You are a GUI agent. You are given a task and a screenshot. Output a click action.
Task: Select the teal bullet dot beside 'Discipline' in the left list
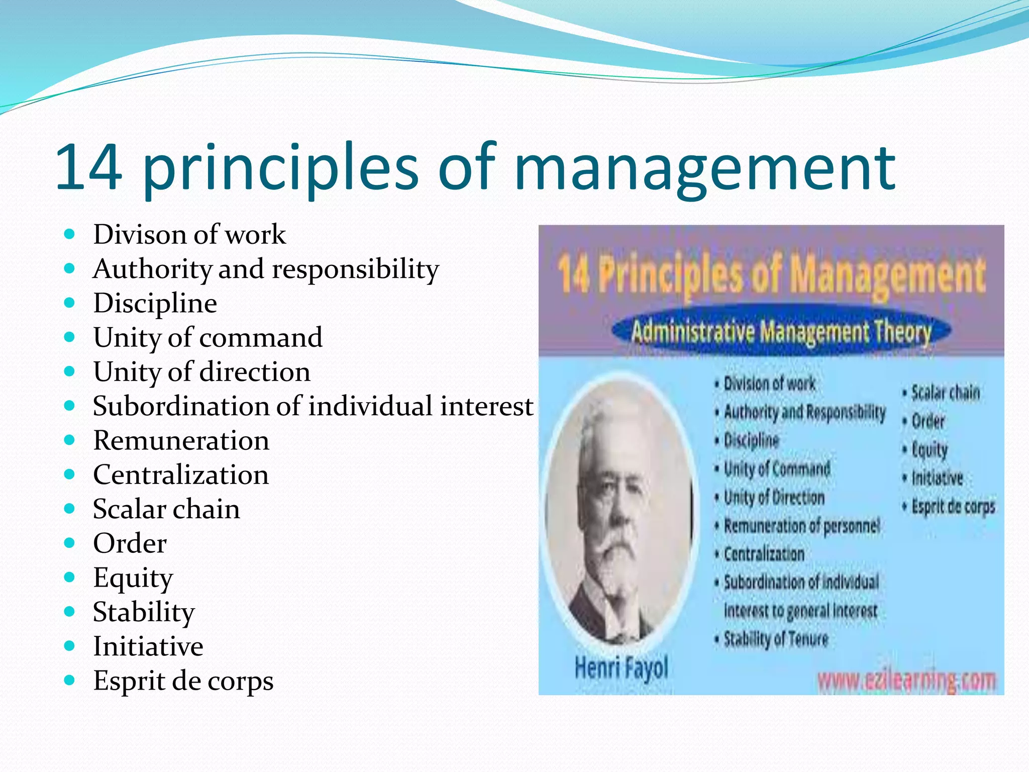(70, 303)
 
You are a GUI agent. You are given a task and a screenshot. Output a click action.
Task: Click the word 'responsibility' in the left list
(355, 269)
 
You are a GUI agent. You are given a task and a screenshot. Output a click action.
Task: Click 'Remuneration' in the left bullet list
(181, 441)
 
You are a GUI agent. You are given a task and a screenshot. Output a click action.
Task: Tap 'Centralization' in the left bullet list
(181, 475)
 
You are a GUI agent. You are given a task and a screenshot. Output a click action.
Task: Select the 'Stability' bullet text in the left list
(144, 612)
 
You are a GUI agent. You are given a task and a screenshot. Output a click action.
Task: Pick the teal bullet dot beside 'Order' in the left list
(70, 543)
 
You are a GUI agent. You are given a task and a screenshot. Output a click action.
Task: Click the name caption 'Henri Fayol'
(621, 668)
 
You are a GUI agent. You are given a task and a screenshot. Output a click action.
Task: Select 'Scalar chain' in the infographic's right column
(945, 393)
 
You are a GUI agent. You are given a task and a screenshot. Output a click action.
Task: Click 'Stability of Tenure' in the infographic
(775, 639)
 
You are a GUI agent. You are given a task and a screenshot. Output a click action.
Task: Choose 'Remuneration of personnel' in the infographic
(801, 526)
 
